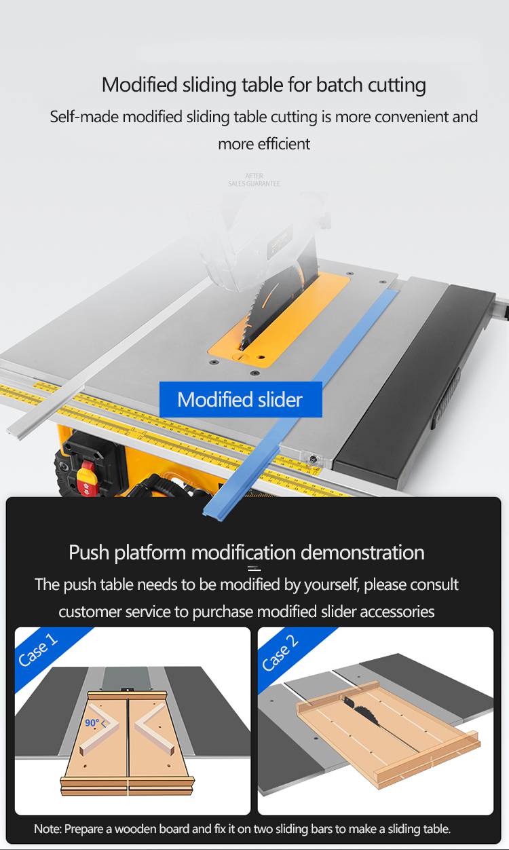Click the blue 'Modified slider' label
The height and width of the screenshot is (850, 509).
click(240, 399)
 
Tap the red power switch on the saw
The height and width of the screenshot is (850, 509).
click(86, 479)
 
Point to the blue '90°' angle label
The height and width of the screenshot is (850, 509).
click(92, 723)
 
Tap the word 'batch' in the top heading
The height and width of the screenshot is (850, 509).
click(339, 84)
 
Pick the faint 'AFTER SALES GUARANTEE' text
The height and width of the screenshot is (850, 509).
click(254, 180)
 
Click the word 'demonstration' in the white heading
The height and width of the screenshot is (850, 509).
click(362, 553)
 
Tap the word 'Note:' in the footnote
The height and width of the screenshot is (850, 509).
click(48, 829)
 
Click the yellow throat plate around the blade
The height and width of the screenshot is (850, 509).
click(280, 319)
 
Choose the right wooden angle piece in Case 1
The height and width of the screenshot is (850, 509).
click(154, 728)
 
